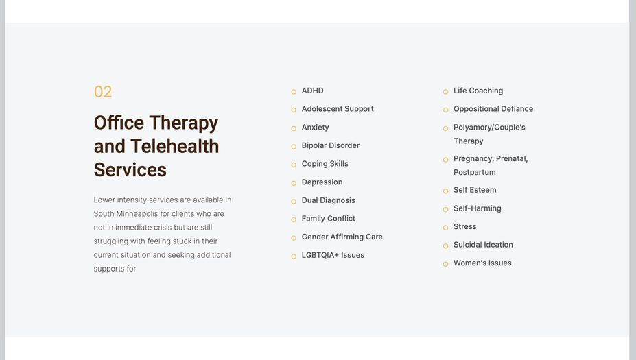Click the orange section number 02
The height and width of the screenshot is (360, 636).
(103, 92)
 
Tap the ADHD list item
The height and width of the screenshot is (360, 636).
(312, 91)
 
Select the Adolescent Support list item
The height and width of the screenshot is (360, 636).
(338, 109)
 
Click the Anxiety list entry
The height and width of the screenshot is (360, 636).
(315, 128)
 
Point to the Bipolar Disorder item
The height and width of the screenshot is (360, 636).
(330, 145)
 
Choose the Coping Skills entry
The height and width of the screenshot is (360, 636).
(325, 164)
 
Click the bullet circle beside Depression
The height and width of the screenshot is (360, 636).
(294, 183)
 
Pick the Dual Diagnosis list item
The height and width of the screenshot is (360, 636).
(328, 200)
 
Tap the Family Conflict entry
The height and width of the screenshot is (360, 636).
(328, 219)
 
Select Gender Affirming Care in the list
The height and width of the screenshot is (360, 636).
(342, 237)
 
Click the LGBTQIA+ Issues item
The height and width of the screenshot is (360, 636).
(333, 255)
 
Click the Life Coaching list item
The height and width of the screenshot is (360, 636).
(478, 91)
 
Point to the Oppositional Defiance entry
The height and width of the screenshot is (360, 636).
(493, 109)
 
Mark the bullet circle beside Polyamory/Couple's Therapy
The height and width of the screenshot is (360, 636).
(445, 128)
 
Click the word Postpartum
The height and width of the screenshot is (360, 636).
(474, 172)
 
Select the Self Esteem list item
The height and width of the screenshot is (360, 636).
(474, 190)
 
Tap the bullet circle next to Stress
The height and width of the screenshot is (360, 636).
(445, 228)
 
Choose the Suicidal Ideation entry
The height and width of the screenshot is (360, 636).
(483, 245)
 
